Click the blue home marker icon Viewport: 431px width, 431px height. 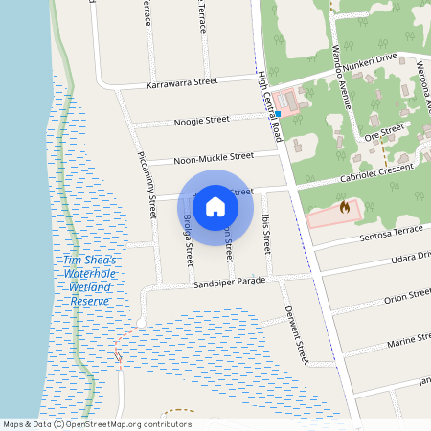click(x=215, y=207)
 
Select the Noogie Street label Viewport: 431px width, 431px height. click(x=201, y=121)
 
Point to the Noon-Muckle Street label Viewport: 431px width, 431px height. click(x=212, y=155)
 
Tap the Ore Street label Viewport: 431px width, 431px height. click(x=386, y=131)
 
